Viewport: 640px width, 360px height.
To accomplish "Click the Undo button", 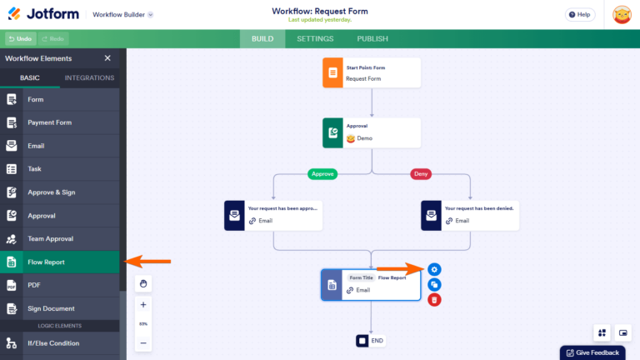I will tap(19, 38).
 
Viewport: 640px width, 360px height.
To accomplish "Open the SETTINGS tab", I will tap(315, 38).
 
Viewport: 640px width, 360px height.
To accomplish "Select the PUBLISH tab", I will tap(372, 38).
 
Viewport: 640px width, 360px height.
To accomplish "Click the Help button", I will tap(580, 14).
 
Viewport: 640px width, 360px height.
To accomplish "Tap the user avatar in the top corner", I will tap(622, 14).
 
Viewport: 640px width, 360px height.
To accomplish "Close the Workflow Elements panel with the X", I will tap(107, 58).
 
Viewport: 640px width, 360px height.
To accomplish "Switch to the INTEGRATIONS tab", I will tap(89, 78).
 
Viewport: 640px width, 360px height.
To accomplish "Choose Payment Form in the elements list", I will tap(50, 122).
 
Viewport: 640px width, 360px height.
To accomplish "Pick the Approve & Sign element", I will tap(52, 192).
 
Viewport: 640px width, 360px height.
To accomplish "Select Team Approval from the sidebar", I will tap(50, 239).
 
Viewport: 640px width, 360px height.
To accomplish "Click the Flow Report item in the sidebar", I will tap(47, 262).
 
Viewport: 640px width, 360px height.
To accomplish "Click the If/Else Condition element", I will tap(53, 343).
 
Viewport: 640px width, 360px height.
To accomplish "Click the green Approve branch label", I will tap(322, 174).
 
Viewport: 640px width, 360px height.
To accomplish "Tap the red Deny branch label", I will tap(421, 174).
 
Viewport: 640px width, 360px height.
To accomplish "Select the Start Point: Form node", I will tap(371, 72).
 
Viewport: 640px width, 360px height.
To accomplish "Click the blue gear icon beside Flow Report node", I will tap(434, 269).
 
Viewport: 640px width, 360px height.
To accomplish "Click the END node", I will tap(371, 340).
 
